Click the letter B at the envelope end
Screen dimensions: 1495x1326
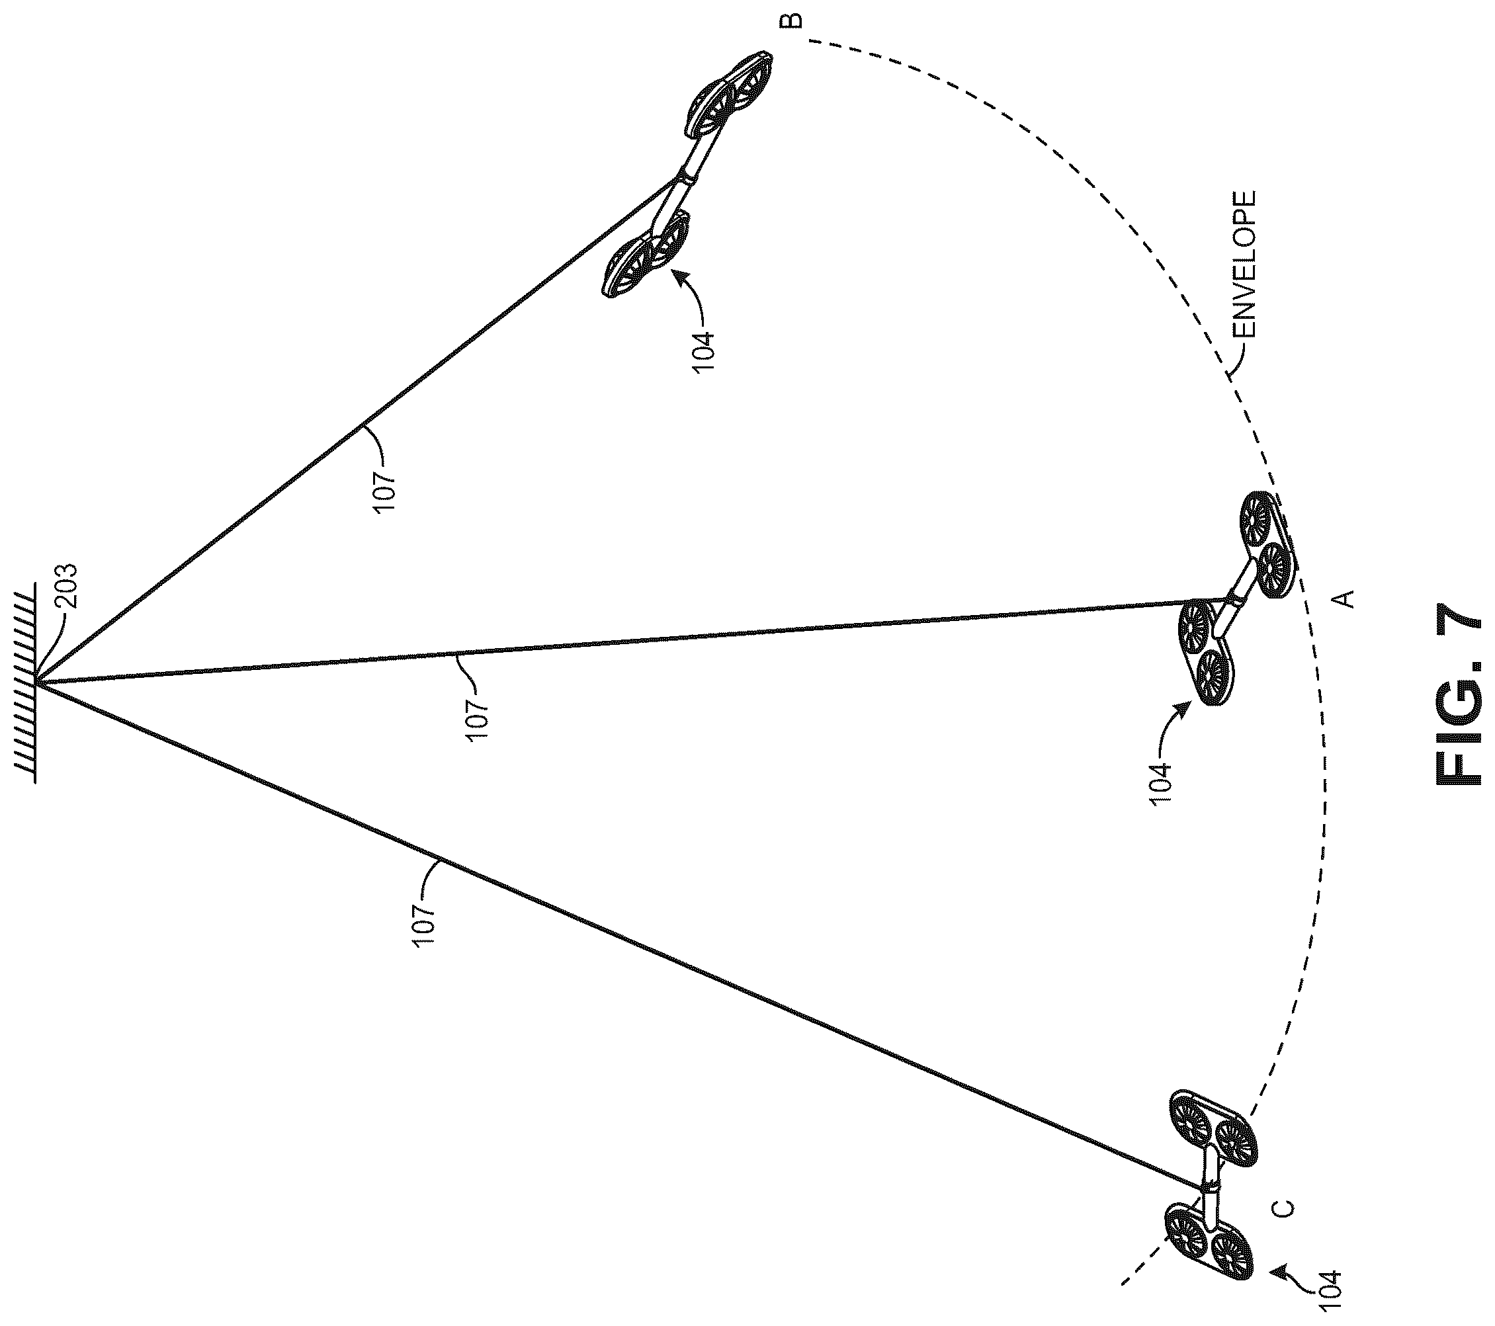pos(794,21)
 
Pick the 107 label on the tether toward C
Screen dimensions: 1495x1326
pos(424,926)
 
